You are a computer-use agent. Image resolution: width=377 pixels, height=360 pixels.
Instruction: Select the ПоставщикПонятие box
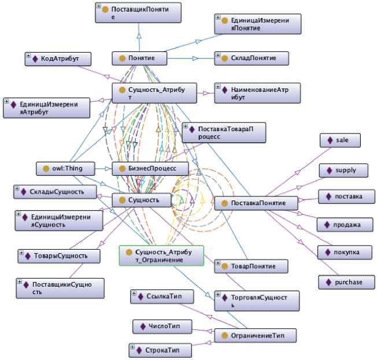[138, 13]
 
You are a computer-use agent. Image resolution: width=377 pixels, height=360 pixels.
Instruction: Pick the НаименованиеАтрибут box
[257, 94]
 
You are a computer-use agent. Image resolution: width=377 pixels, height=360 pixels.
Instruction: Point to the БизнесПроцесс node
[150, 169]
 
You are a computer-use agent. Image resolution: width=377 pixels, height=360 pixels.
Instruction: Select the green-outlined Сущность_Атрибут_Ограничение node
[161, 256]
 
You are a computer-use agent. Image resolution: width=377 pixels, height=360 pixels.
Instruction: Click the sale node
[340, 140]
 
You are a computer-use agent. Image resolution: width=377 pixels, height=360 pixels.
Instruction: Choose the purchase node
[344, 282]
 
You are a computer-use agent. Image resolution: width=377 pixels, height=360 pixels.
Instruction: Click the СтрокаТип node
[160, 350]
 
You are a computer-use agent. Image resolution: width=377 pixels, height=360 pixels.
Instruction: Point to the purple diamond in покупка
[327, 253]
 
